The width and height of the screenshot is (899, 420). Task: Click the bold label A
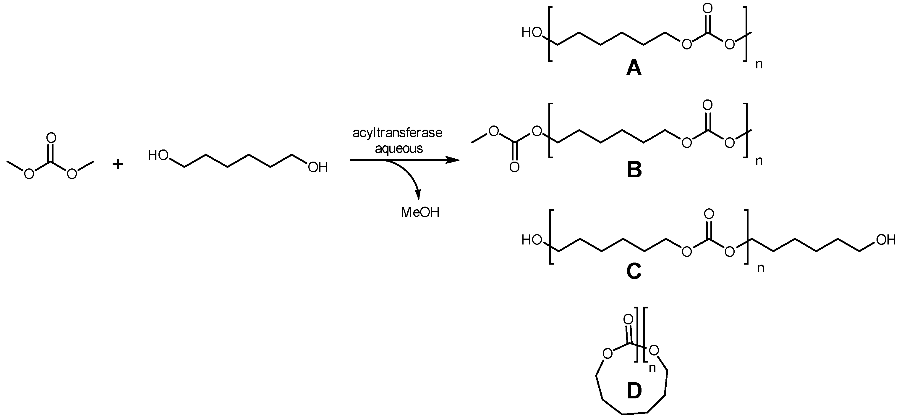pyautogui.click(x=634, y=68)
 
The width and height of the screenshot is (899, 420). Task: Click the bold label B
pyautogui.click(x=634, y=170)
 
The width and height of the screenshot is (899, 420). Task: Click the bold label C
pyautogui.click(x=634, y=271)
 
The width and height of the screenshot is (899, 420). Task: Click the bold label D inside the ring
pyautogui.click(x=634, y=391)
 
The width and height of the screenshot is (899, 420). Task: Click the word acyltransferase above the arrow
pyautogui.click(x=397, y=133)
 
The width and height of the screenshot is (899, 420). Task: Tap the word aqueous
pyautogui.click(x=399, y=149)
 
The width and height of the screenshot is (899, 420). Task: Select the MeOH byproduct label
pyautogui.click(x=420, y=213)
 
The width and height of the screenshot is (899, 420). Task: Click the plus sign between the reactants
pyautogui.click(x=118, y=164)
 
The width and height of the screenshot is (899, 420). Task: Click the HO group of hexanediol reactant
pyautogui.click(x=158, y=155)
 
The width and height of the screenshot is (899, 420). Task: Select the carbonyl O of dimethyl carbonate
pyautogui.click(x=51, y=138)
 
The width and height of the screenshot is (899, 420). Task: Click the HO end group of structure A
pyautogui.click(x=531, y=33)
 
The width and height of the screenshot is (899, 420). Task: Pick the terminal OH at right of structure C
pyautogui.click(x=886, y=240)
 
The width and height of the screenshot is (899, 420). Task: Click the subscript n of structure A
pyautogui.click(x=759, y=64)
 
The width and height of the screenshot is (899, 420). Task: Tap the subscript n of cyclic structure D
pyautogui.click(x=652, y=368)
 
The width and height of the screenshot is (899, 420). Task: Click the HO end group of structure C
pyautogui.click(x=531, y=240)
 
